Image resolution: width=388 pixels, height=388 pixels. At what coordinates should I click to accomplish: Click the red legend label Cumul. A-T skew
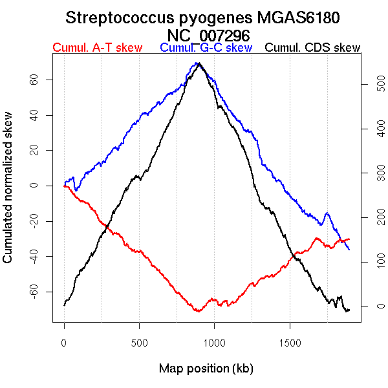pos(97,48)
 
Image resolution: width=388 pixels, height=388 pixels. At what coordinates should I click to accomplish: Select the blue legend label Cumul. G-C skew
pos(206,48)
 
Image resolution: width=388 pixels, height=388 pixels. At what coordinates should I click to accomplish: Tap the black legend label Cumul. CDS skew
pos(313,48)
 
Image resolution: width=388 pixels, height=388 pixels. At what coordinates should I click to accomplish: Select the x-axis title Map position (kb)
pos(206,369)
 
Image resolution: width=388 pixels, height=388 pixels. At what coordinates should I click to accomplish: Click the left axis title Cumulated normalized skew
pos(8,194)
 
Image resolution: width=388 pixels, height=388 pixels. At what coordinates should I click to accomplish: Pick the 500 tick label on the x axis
pos(139,341)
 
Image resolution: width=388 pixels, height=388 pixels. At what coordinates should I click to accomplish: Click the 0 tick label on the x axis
pos(64,341)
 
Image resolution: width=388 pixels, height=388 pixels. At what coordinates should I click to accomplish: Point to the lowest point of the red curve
pos(197,312)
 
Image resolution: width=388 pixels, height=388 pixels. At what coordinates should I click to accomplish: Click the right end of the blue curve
pos(349,250)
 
